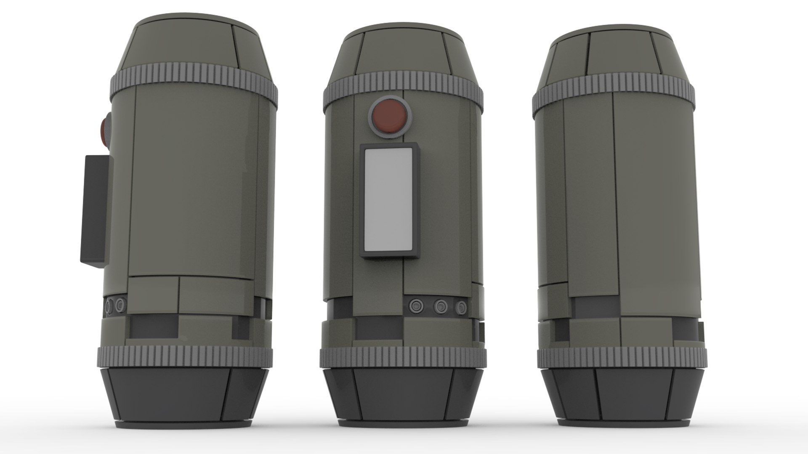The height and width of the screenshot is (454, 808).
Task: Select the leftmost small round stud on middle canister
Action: tap(417, 305)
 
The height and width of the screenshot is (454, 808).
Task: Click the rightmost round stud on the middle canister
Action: tap(462, 306)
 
